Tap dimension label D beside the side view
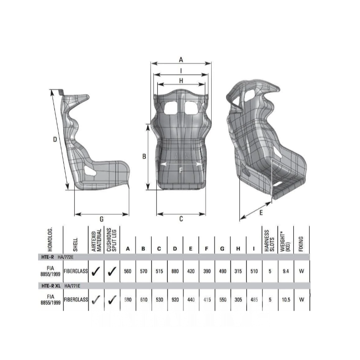point(55,140)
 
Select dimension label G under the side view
point(101,219)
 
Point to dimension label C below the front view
point(181,219)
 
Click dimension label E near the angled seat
point(261,213)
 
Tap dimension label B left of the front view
point(144,156)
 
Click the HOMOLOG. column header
point(54,241)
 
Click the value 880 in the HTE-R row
point(175,271)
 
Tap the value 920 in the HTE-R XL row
point(175,300)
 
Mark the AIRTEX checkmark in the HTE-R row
point(96,271)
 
